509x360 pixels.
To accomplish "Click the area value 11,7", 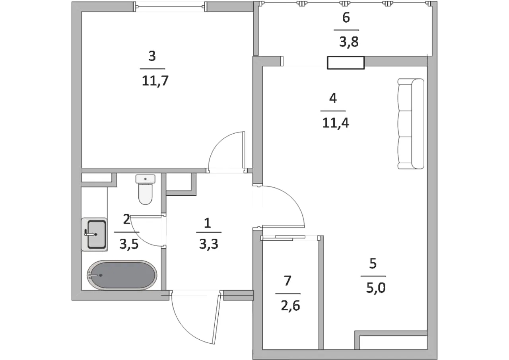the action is pos(155,81).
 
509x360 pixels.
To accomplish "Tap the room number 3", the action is pos(152,56).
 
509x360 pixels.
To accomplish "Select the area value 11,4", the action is pos(336,123).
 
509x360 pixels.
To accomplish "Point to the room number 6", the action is pos(346,18).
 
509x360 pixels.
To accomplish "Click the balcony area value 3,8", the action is pos(349,42).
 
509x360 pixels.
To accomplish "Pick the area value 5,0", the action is pos(376,288).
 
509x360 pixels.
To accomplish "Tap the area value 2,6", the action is pos(290,306).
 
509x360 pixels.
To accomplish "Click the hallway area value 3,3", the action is pos(209,244).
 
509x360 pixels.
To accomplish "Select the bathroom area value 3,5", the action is pos(129,244).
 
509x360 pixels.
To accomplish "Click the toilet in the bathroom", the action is pos(146,189).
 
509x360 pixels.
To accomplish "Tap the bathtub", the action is pos(122,275).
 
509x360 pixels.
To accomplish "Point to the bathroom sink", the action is pos(94,234).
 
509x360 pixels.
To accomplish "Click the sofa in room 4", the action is pos(411,124).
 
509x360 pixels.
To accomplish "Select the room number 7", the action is pos(288,281).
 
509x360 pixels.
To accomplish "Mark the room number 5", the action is pos(373,263).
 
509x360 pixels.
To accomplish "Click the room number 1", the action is pos(207,223).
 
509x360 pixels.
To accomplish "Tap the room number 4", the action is pos(333,98).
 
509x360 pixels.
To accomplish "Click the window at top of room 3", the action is pos(171,7).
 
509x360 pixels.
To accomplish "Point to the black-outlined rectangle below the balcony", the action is pos(346,63).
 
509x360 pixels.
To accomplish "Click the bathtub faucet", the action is pos(95,275).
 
